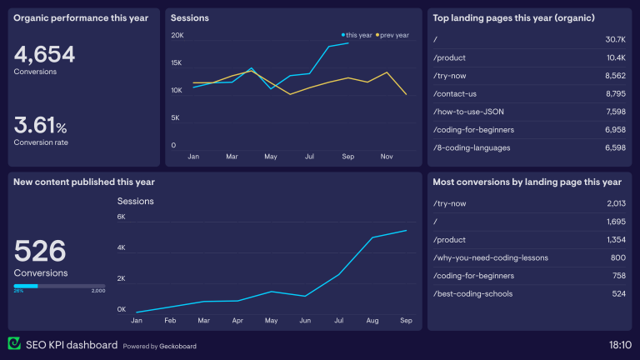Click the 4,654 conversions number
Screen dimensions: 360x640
[x=44, y=55]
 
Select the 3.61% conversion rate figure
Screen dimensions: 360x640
[x=40, y=127]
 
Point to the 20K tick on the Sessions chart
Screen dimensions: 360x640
[x=177, y=35]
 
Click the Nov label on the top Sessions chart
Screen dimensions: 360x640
[x=386, y=156]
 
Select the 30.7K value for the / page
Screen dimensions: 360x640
[x=615, y=40]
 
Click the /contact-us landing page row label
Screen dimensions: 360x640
[x=456, y=94]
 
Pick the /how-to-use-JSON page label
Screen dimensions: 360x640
[x=468, y=112]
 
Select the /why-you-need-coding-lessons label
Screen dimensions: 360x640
[x=491, y=257]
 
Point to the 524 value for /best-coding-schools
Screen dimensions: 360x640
[x=617, y=293]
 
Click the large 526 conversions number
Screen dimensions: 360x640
[x=40, y=251]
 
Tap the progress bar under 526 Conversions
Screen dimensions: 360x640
[x=58, y=286]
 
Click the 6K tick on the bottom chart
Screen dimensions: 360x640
[x=122, y=217]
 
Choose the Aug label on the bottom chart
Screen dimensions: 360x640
[x=372, y=320]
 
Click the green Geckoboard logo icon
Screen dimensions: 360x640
[x=13, y=344]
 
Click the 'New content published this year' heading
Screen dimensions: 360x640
[x=83, y=182]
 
